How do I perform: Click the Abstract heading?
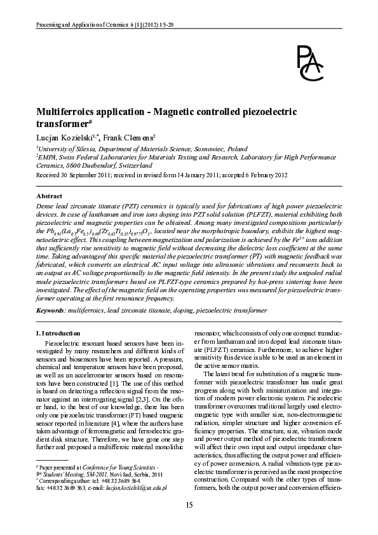pyautogui.click(x=49, y=197)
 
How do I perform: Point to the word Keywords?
pyautogui.click(x=50, y=310)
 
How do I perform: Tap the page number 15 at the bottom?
pyautogui.click(x=189, y=505)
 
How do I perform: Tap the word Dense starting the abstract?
pyautogui.click(x=46, y=208)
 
